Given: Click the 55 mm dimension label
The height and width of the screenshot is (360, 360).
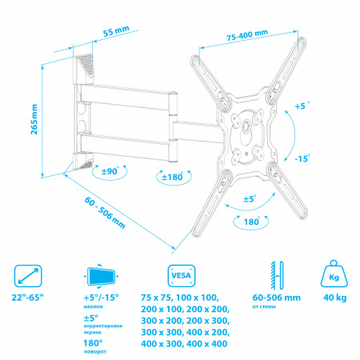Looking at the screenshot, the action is [x=116, y=31].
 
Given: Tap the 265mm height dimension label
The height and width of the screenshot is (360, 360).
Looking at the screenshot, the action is [x=34, y=119].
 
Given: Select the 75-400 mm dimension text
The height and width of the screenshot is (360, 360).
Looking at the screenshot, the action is [x=247, y=35].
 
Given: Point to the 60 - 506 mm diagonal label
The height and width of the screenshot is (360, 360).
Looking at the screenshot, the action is [x=105, y=213].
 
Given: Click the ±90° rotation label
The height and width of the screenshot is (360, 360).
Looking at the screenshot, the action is [x=110, y=171].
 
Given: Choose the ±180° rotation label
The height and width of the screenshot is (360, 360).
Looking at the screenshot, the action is [x=173, y=177].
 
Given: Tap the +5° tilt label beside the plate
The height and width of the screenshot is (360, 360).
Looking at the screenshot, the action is [x=302, y=106].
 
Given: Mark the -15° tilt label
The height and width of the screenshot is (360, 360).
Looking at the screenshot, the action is [x=302, y=158].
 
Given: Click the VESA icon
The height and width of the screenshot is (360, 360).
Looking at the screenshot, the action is [x=182, y=276].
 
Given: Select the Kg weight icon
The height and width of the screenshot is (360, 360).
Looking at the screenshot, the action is [x=334, y=274].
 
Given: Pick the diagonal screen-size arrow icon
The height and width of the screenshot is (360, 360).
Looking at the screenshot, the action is [x=28, y=276].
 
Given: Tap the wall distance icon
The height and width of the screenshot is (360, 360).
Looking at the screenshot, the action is [x=277, y=276].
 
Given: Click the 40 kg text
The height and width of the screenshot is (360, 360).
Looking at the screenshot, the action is [x=335, y=298].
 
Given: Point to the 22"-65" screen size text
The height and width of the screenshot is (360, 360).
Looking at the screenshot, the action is [x=28, y=298].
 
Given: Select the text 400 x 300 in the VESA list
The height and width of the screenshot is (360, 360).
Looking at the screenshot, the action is [x=161, y=344].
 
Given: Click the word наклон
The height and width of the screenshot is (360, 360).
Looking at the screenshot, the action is [x=94, y=306].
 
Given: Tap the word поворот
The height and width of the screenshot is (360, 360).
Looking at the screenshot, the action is [x=95, y=351].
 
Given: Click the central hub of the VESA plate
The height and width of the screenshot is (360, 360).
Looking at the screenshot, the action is [x=246, y=126].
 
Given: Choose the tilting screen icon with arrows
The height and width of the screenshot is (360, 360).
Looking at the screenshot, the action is [x=102, y=276].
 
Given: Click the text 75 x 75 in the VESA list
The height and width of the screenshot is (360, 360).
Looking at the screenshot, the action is [x=157, y=298].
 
